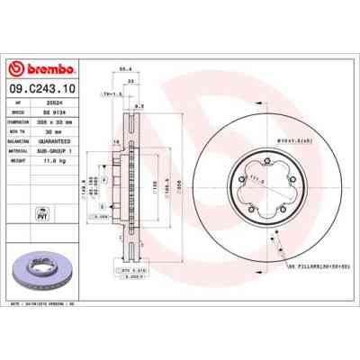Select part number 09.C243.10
43,89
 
